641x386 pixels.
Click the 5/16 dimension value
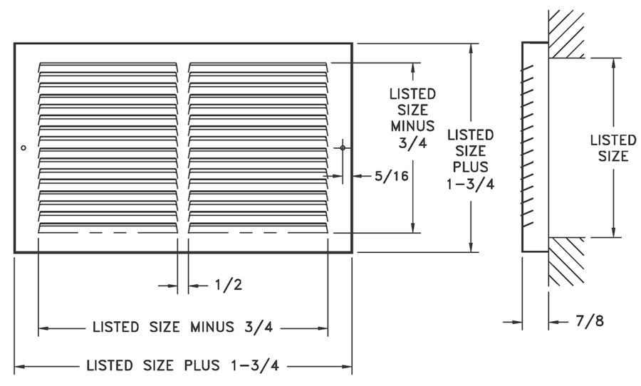(x=392, y=176)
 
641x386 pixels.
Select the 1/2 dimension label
(x=228, y=286)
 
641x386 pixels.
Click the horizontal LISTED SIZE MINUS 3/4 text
(x=182, y=328)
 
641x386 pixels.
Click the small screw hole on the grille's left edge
(x=24, y=147)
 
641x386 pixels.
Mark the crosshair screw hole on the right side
(x=343, y=147)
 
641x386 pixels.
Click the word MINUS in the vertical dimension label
(x=412, y=126)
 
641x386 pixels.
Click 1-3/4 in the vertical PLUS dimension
(x=470, y=183)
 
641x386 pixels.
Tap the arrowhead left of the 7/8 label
(x=553, y=322)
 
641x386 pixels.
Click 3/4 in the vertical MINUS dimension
(x=412, y=142)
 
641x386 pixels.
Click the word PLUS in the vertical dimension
(x=470, y=167)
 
